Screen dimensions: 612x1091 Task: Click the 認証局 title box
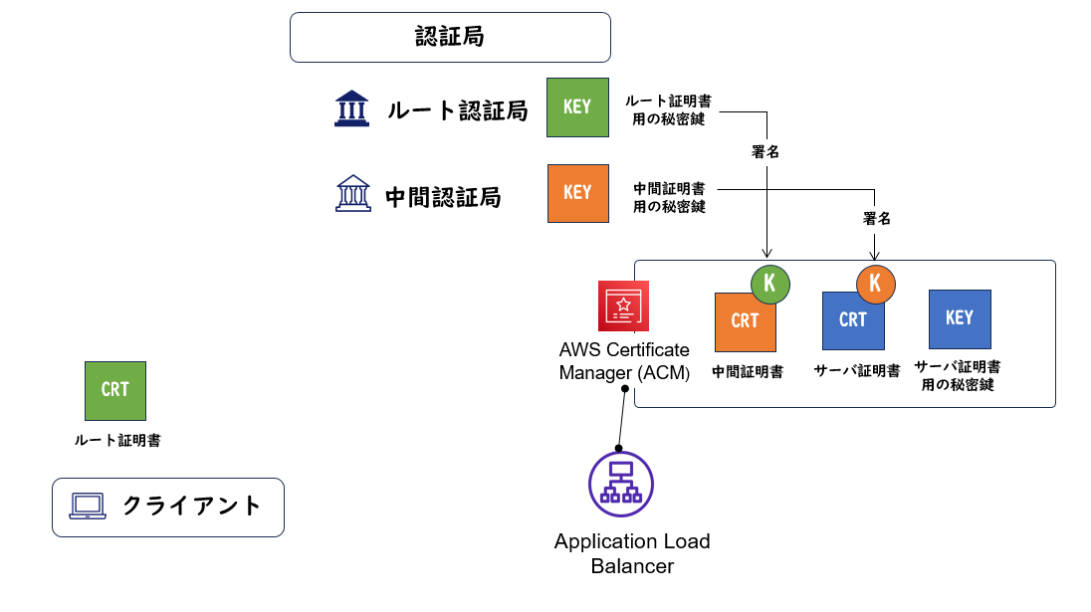pos(449,37)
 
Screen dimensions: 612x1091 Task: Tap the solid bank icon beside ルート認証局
pos(351,108)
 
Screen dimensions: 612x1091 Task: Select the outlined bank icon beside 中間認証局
pos(352,194)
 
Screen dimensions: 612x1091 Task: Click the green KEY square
pos(577,106)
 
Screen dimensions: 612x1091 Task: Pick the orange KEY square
pos(577,193)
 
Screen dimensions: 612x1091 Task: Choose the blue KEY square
pos(959,318)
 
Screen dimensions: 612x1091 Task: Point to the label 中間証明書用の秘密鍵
pos(669,197)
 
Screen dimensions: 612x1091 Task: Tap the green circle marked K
pos(769,283)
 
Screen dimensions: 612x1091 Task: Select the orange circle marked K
pos(875,283)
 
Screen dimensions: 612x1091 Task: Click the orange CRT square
pos(745,321)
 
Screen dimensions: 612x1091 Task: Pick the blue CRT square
pos(852,320)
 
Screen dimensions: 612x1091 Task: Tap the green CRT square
pos(114,390)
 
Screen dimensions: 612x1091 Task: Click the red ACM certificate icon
pos(623,306)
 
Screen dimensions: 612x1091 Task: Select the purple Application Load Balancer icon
pos(620,485)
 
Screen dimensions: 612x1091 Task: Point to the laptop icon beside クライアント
pos(88,507)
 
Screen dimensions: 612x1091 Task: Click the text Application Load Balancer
pos(632,554)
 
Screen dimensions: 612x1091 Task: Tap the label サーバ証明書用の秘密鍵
pos(958,376)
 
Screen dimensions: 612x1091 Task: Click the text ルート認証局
pos(457,110)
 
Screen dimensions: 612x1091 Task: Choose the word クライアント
pos(191,506)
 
